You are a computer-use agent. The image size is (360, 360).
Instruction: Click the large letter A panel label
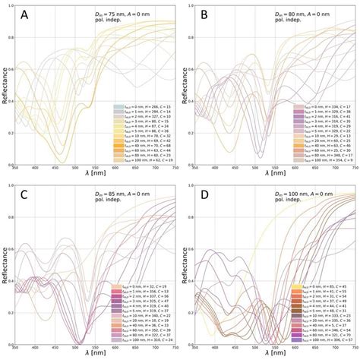pos(26,15)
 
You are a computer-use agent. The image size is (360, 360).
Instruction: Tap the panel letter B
pos(204,15)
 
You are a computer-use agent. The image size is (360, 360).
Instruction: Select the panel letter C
pos(26,194)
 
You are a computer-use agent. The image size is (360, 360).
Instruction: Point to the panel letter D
pos(204,194)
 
